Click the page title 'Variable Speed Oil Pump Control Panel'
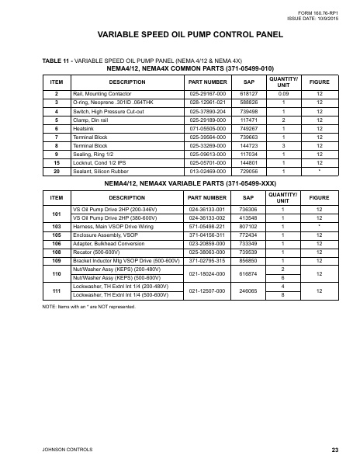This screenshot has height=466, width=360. [180, 35]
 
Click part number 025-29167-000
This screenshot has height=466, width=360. [207, 93]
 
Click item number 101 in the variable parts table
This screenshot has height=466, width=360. [57, 213]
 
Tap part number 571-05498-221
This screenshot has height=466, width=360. [207, 226]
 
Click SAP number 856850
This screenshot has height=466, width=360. [249, 261]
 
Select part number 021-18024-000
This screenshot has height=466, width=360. [207, 273]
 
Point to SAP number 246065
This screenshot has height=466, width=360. [249, 291]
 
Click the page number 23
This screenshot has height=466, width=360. [334, 449]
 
